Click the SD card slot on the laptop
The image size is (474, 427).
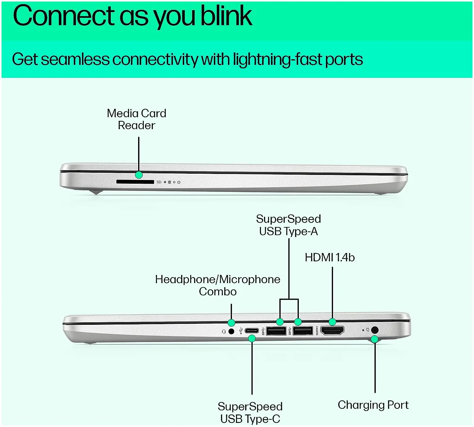(135, 182)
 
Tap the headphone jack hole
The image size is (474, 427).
(231, 331)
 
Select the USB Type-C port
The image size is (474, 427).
(252, 331)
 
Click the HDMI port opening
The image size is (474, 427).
(332, 330)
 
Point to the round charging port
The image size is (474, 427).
(374, 330)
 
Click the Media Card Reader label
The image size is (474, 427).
(137, 119)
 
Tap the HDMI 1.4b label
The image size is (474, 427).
(330, 257)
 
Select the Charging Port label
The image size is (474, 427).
(373, 405)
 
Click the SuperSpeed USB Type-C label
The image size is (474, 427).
(250, 413)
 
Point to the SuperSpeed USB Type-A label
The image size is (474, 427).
(288, 225)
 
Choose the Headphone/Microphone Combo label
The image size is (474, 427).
(218, 285)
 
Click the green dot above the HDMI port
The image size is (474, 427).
(332, 322)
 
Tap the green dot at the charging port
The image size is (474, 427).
(374, 339)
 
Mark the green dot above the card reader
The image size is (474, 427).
(139, 175)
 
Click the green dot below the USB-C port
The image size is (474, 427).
(252, 339)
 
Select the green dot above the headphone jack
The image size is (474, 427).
(231, 323)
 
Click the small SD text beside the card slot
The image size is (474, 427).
(159, 182)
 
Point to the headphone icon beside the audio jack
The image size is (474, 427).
(224, 331)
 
